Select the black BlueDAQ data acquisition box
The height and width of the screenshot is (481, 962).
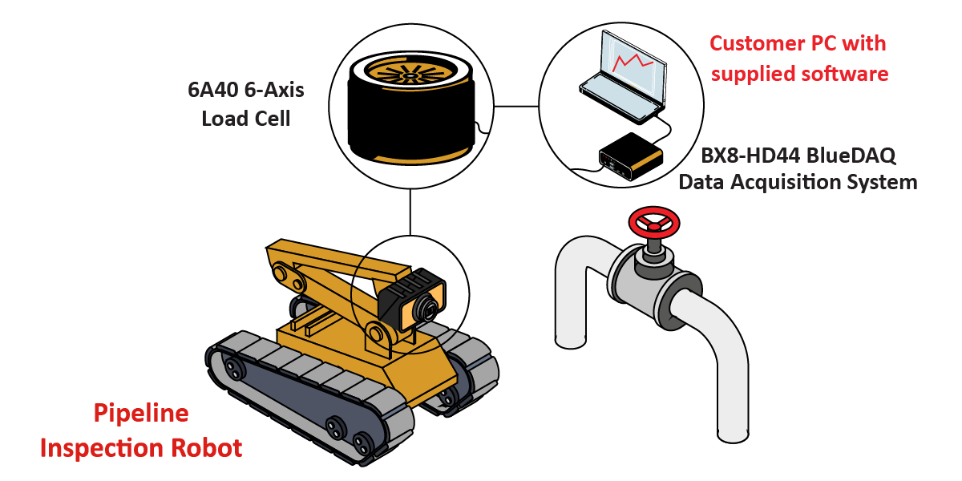tap(631, 155)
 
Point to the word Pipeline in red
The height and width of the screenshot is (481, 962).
tap(141, 414)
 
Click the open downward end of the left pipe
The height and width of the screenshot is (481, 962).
tap(571, 340)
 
